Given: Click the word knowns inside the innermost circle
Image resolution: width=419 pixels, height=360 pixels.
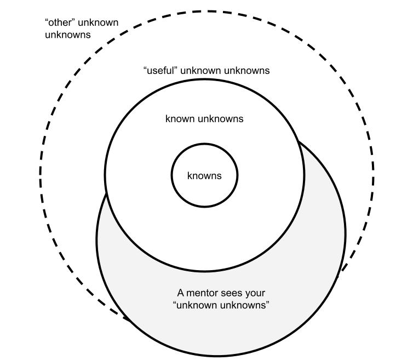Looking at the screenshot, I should pyautogui.click(x=204, y=176).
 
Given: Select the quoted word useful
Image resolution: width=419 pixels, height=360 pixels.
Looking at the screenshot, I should pyautogui.click(x=160, y=71).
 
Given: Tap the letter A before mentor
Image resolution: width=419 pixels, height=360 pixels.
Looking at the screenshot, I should pyautogui.click(x=181, y=293).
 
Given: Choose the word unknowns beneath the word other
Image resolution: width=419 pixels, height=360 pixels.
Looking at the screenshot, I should pyautogui.click(x=68, y=35).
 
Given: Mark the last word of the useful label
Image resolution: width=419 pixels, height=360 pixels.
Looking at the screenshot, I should pyautogui.click(x=246, y=71).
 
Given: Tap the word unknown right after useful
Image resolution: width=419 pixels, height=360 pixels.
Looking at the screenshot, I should pyautogui.click(x=200, y=71).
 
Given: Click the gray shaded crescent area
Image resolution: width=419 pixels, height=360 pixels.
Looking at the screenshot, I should pyautogui.click(x=219, y=323).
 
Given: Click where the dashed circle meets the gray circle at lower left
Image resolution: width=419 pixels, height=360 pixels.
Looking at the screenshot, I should pyautogui.click(x=127, y=319).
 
